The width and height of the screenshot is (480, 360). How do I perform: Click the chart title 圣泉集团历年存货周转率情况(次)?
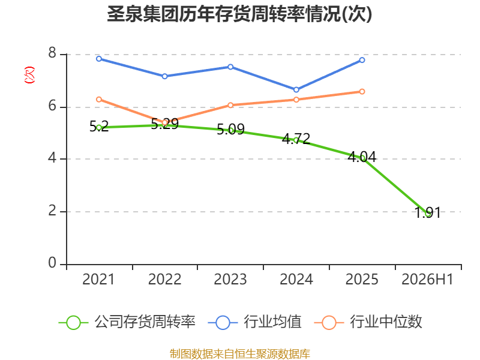click(239, 14)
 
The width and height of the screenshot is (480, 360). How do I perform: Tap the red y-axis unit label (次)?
click(29, 75)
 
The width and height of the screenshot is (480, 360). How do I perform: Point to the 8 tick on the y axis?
click(52, 53)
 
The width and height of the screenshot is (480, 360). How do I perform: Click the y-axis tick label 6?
click(52, 106)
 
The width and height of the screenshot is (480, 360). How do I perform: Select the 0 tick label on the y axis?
click(52, 263)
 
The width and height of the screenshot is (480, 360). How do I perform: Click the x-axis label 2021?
click(98, 280)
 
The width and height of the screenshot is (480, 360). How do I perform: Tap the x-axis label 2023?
click(230, 280)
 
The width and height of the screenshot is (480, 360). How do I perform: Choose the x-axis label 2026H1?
click(427, 280)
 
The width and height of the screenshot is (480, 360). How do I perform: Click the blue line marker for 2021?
click(99, 59)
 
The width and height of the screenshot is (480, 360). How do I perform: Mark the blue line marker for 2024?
click(296, 89)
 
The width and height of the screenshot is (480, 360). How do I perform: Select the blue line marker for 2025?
click(362, 61)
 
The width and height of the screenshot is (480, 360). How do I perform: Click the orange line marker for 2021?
click(99, 100)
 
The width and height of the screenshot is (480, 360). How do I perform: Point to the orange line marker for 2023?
click(230, 106)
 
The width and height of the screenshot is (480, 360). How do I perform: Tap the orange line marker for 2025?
click(362, 92)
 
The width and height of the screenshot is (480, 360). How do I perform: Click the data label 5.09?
click(230, 129)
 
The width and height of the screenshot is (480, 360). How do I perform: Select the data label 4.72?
click(296, 139)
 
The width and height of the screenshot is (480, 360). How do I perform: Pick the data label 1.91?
click(428, 212)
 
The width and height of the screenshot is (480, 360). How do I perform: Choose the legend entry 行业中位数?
click(368, 322)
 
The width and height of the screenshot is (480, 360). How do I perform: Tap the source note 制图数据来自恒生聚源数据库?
click(240, 354)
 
